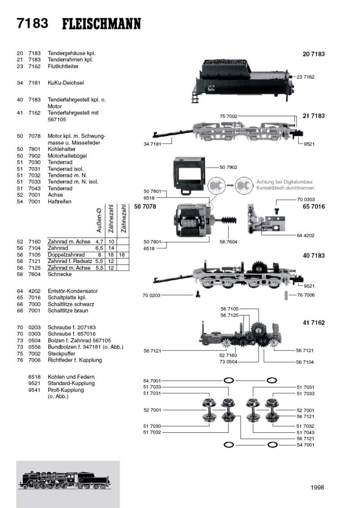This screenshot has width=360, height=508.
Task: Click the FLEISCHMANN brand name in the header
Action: [101, 23]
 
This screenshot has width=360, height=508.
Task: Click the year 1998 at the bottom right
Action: [317, 487]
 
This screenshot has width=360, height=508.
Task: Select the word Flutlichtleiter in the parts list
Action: [63, 66]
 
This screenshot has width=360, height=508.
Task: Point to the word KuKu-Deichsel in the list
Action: [66, 83]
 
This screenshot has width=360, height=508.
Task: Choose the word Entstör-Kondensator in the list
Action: [72, 291]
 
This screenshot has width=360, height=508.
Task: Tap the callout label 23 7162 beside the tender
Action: [306, 77]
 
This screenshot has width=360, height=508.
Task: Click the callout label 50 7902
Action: [229, 167]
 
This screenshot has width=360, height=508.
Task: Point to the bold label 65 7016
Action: [314, 207]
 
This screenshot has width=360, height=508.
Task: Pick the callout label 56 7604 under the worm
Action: [229, 242]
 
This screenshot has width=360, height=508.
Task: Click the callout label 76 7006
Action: [306, 295]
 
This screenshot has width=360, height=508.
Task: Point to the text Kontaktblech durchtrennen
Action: [285, 188]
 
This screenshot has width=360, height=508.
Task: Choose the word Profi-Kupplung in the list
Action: [66, 390]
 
